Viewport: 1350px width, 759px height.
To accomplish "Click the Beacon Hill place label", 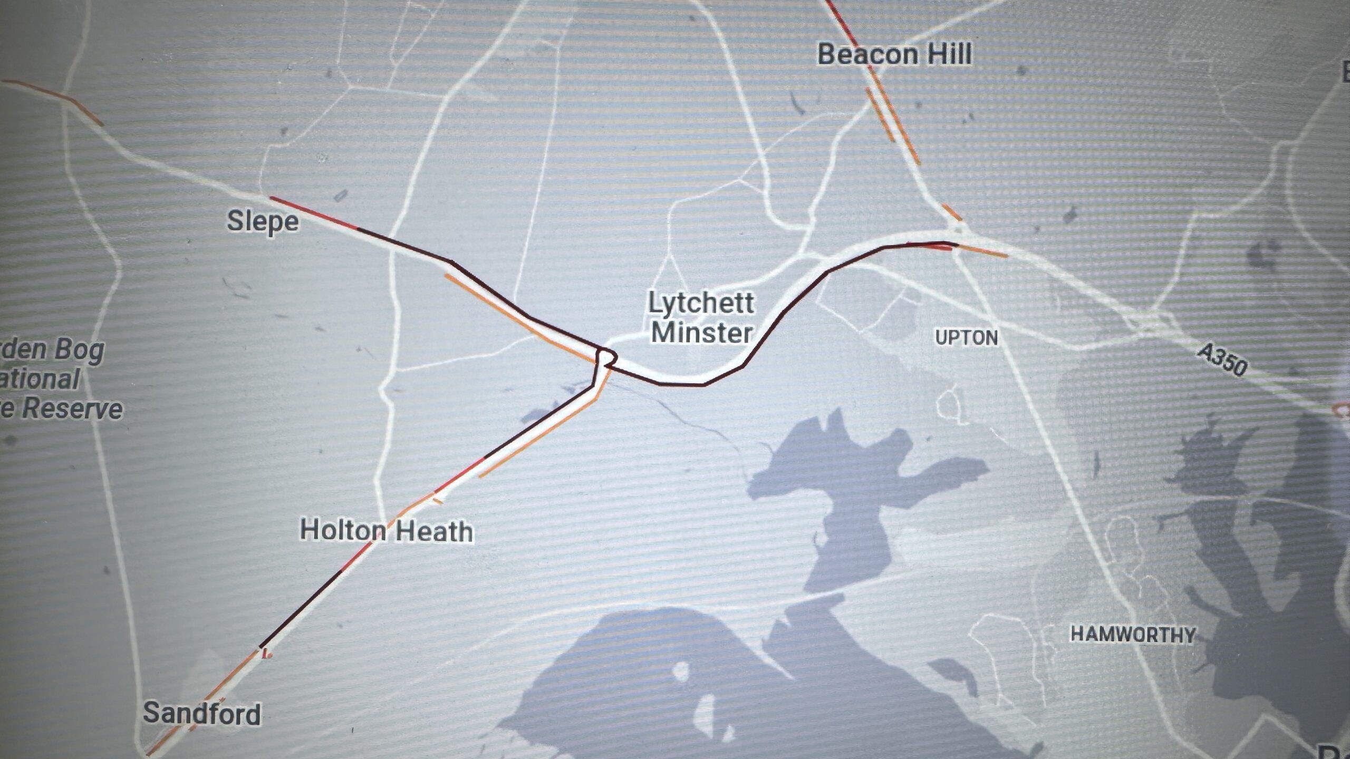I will coord(894,55).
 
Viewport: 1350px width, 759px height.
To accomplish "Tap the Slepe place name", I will coord(263,221).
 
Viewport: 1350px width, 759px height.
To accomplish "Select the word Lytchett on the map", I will coord(701,303).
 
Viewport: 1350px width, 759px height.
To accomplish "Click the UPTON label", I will coord(966,337).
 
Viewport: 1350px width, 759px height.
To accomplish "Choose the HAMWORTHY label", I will coord(1132,634).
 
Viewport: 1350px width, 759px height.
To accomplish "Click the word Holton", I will coord(342,530).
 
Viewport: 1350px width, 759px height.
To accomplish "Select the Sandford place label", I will coord(202,714).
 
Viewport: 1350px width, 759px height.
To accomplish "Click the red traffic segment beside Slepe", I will coord(314,213).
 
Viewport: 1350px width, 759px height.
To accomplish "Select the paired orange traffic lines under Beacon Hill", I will coord(891,119).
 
